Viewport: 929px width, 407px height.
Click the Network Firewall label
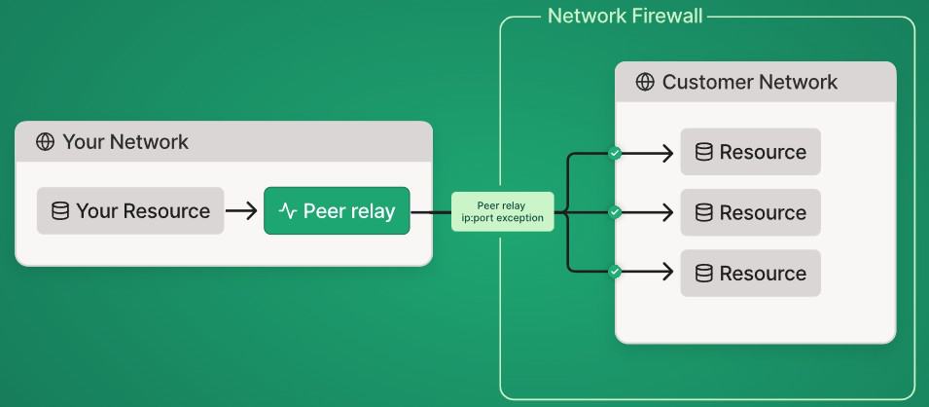pyautogui.click(x=625, y=17)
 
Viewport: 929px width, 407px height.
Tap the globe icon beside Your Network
pyautogui.click(x=45, y=142)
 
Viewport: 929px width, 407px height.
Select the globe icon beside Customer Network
pyautogui.click(x=644, y=82)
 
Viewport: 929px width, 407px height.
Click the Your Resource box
pyautogui.click(x=130, y=211)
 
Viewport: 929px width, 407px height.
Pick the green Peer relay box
pyautogui.click(x=337, y=211)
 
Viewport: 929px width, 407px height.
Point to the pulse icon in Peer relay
pyautogui.click(x=287, y=211)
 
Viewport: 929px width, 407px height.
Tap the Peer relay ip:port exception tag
pyautogui.click(x=503, y=212)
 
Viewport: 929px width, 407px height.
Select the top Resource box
pyautogui.click(x=750, y=152)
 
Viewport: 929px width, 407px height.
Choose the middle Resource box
pyautogui.click(x=750, y=212)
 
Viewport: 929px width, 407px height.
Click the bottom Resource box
pyautogui.click(x=750, y=274)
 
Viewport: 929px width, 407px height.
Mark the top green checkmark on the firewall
pyautogui.click(x=614, y=153)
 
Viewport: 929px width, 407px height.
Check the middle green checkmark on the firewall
pyautogui.click(x=614, y=212)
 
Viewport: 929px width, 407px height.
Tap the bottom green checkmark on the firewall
pyautogui.click(x=614, y=272)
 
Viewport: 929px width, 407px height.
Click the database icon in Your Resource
pyautogui.click(x=60, y=211)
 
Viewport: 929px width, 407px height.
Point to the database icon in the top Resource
pyautogui.click(x=703, y=152)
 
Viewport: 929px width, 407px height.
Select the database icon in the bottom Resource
pyautogui.click(x=703, y=274)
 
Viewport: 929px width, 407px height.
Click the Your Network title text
pyautogui.click(x=125, y=142)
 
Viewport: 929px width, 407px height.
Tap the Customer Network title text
pyautogui.click(x=749, y=82)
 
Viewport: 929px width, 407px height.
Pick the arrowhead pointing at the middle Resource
pyautogui.click(x=666, y=212)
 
